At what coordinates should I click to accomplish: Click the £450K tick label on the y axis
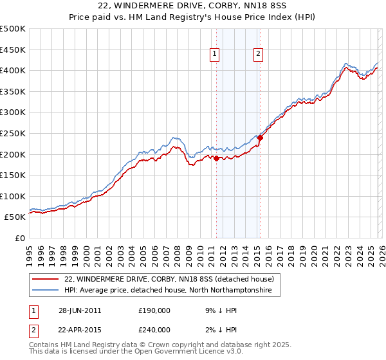click(x=13, y=50)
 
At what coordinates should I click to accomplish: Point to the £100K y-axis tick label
click(x=13, y=197)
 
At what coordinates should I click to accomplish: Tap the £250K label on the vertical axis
click(x=13, y=134)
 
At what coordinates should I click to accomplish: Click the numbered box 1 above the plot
click(x=214, y=55)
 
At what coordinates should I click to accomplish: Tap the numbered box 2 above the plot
click(x=258, y=55)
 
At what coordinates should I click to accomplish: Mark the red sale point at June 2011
click(x=216, y=158)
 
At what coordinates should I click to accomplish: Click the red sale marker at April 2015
click(x=260, y=137)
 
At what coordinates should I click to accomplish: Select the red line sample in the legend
click(x=44, y=279)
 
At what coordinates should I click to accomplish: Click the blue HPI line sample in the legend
click(x=44, y=291)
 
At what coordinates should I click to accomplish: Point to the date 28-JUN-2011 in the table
click(x=80, y=310)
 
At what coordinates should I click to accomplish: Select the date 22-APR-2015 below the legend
click(x=80, y=329)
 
